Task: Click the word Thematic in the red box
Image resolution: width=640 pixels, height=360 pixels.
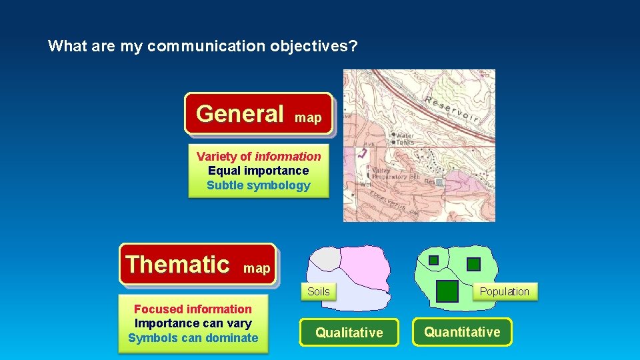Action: tap(177, 264)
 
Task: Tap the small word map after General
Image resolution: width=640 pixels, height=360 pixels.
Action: tap(308, 118)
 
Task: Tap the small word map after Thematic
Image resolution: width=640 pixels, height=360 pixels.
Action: tap(257, 269)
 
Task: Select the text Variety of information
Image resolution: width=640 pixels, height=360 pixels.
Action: tap(259, 157)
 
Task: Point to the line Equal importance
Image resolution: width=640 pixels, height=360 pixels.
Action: tap(259, 171)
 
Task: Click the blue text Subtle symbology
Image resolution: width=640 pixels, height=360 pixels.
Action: tap(259, 185)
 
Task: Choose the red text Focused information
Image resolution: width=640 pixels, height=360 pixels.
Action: tap(193, 309)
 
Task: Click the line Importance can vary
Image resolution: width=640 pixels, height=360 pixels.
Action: tap(193, 323)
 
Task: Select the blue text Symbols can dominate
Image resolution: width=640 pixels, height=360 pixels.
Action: tap(193, 338)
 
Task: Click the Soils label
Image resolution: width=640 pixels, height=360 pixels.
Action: tap(318, 291)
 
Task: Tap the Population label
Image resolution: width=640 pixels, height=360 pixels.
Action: tap(504, 291)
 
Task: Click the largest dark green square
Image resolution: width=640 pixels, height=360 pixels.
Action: tap(447, 291)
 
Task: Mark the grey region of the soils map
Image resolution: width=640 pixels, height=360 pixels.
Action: tap(326, 257)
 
